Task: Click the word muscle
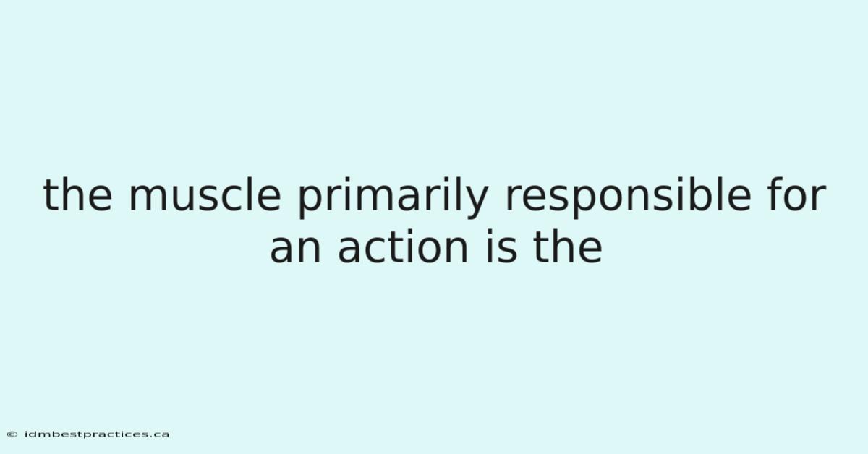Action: (x=205, y=195)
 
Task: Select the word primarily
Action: (x=393, y=197)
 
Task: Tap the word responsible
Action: (x=628, y=197)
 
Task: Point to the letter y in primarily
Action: (x=476, y=202)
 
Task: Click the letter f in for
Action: (x=776, y=194)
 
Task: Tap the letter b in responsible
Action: (x=700, y=195)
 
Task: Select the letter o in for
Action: (x=799, y=198)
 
